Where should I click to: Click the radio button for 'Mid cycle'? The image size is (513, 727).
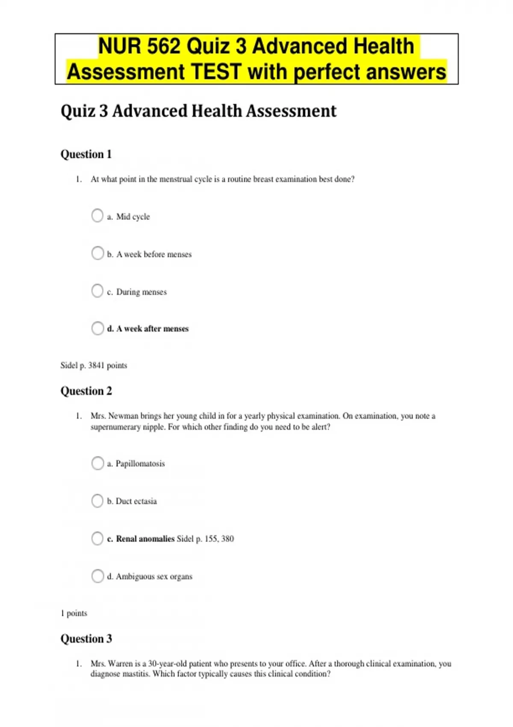97,216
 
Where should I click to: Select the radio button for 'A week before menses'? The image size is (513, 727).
97,253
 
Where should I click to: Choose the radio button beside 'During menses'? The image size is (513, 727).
97,291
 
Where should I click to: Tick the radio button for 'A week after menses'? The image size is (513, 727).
97,328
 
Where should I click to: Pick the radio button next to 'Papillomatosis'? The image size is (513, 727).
97,463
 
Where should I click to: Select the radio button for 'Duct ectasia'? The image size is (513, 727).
97,501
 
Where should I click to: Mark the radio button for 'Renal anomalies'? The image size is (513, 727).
97,538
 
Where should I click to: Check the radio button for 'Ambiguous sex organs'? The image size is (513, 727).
97,576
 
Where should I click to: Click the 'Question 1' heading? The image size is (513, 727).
86,154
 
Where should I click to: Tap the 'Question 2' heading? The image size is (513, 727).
86,391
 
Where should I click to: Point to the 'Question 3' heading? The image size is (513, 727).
86,639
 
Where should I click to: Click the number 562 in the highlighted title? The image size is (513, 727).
163,46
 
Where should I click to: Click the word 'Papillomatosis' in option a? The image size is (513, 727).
140,464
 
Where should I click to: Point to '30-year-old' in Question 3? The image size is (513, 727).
168,664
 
